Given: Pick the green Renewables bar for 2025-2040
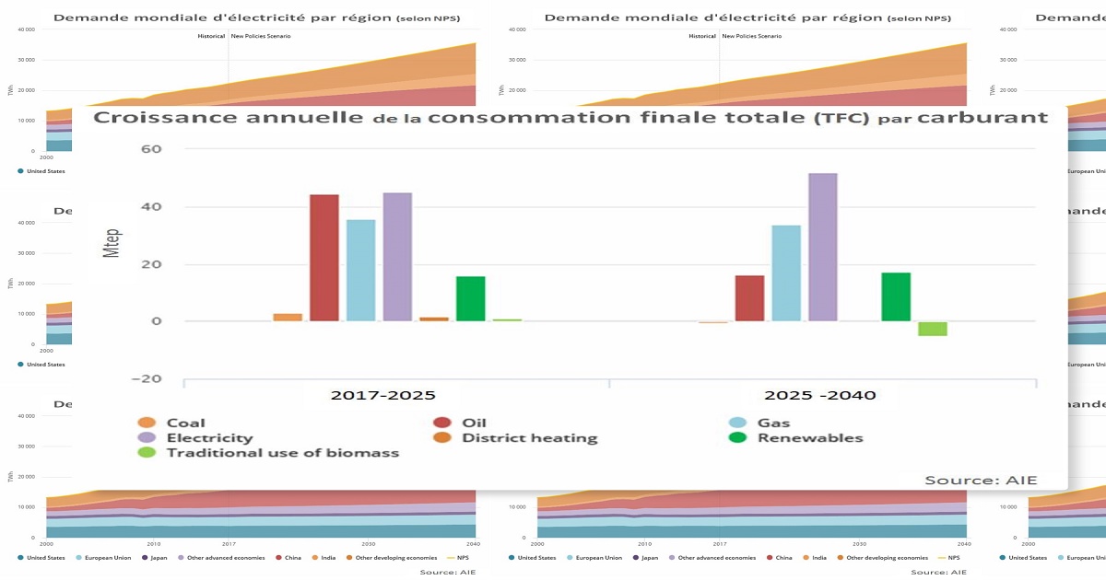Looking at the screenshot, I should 896,296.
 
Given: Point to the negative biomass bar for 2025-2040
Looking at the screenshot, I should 932,329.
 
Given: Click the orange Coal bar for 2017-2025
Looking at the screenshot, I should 288,317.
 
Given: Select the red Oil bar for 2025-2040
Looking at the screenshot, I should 749,297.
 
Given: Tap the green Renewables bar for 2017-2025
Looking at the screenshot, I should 470,298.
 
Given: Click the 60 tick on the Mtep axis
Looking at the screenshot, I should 150,150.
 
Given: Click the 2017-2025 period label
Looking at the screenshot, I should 382,396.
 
